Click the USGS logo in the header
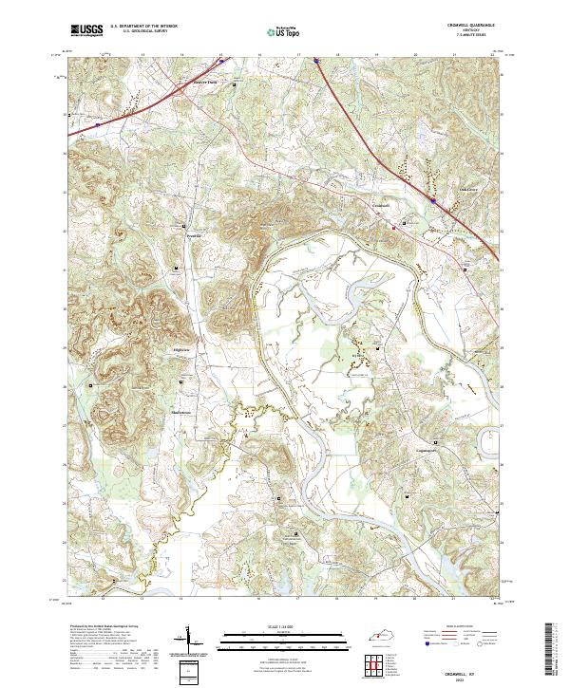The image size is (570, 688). pyautogui.click(x=87, y=31)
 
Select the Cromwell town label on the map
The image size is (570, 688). pyautogui.click(x=381, y=205)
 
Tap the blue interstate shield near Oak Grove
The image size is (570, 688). pyautogui.click(x=433, y=200)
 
